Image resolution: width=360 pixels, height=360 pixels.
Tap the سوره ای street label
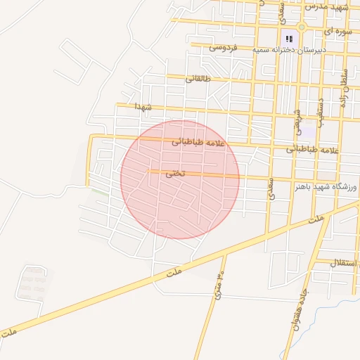pyautogui.click(x=337, y=32)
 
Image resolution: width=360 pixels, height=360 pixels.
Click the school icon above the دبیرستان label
pyautogui.click(x=288, y=39)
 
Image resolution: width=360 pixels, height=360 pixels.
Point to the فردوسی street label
pyautogui.click(x=224, y=48)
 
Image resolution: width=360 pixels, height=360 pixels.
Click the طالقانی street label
pyautogui.click(x=198, y=79)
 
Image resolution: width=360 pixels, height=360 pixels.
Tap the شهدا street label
pyautogui.click(x=144, y=106)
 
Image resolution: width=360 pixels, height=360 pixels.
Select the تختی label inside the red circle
pyautogui.click(x=176, y=173)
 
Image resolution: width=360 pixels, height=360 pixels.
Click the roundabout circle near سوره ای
pyautogui.click(x=302, y=27)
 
